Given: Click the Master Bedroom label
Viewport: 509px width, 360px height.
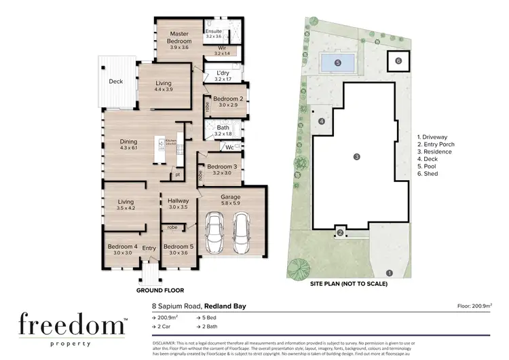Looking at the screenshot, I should [x=179, y=37].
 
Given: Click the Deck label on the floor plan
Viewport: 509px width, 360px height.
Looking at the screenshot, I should [x=115, y=82].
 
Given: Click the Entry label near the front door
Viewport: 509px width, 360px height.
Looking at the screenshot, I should [x=149, y=249].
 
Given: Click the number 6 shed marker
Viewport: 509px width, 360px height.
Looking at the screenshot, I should [x=398, y=61].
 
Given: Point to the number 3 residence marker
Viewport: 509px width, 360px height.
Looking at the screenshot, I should [x=356, y=157].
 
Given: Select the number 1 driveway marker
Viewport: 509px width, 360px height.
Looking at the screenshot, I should [x=389, y=273].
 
